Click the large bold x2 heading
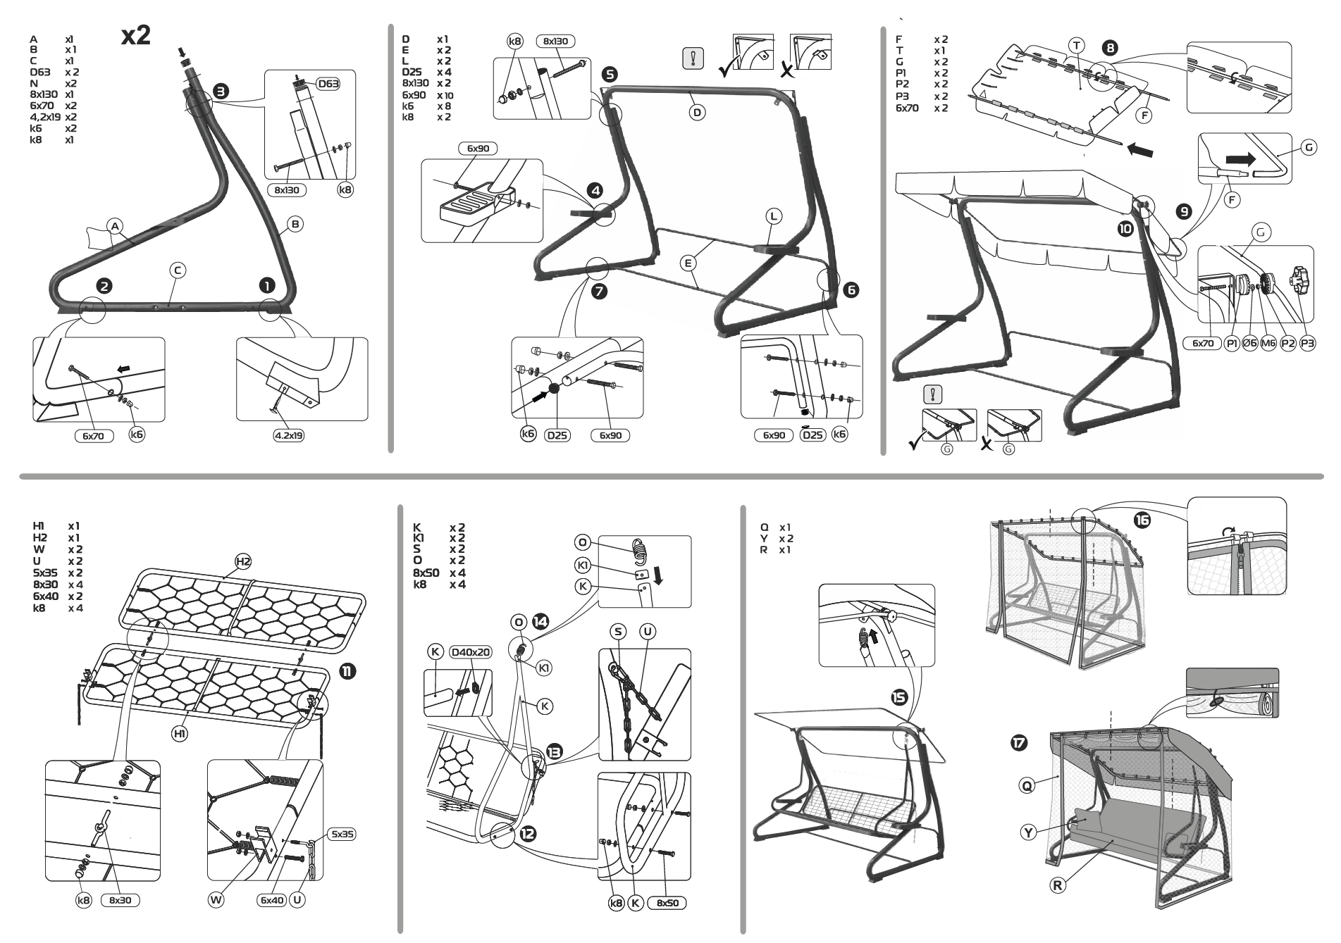pyautogui.click(x=136, y=35)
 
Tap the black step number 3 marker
pyautogui.click(x=221, y=91)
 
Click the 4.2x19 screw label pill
pyautogui.click(x=288, y=435)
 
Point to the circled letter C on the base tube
pyautogui.click(x=178, y=270)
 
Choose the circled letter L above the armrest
pyautogui.click(x=774, y=216)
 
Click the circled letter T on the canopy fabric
pyautogui.click(x=1077, y=46)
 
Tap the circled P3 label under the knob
pyautogui.click(x=1307, y=343)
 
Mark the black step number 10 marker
pyautogui.click(x=1125, y=227)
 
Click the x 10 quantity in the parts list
pyautogui.click(x=445, y=95)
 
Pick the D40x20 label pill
pyautogui.click(x=470, y=652)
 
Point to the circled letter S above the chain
pyautogui.click(x=618, y=632)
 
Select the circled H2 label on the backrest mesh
pyautogui.click(x=242, y=561)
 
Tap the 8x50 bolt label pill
pyautogui.click(x=667, y=903)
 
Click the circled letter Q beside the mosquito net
pyautogui.click(x=1027, y=785)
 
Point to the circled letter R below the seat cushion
pyautogui.click(x=1057, y=885)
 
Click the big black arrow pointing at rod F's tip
pyautogui.click(x=1140, y=149)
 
